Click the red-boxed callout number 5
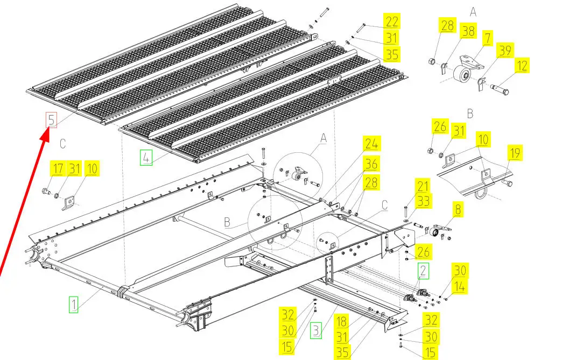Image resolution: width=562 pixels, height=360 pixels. pyautogui.click(x=52, y=120)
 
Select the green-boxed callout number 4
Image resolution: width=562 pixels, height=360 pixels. pyautogui.click(x=146, y=158)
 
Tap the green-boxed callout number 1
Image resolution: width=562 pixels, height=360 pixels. pyautogui.click(x=73, y=305)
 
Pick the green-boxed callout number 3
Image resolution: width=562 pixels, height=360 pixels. pyautogui.click(x=316, y=330)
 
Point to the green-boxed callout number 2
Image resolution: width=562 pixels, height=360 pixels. pyautogui.click(x=423, y=271)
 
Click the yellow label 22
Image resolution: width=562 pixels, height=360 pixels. pyautogui.click(x=391, y=22)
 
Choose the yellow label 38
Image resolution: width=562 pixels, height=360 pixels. pyautogui.click(x=468, y=32)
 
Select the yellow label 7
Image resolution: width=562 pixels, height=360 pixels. pyautogui.click(x=488, y=38)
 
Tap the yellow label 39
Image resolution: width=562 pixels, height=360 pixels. pyautogui.click(x=505, y=51)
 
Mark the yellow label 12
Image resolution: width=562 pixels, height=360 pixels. pyautogui.click(x=522, y=66)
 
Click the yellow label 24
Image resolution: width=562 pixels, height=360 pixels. pyautogui.click(x=371, y=144)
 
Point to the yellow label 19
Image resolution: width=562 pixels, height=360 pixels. pyautogui.click(x=514, y=153)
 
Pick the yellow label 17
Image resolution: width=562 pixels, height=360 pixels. pyautogui.click(x=58, y=168)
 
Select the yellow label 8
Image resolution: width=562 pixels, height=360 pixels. pyautogui.click(x=458, y=209)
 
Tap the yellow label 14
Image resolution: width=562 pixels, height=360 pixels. pyautogui.click(x=460, y=287)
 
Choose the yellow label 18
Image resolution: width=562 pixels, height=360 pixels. pyautogui.click(x=342, y=321)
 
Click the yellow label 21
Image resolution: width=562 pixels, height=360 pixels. pyautogui.click(x=423, y=186)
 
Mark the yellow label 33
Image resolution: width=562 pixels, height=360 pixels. pyautogui.click(x=423, y=201)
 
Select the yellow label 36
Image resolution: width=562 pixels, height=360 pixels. pyautogui.click(x=371, y=164)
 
